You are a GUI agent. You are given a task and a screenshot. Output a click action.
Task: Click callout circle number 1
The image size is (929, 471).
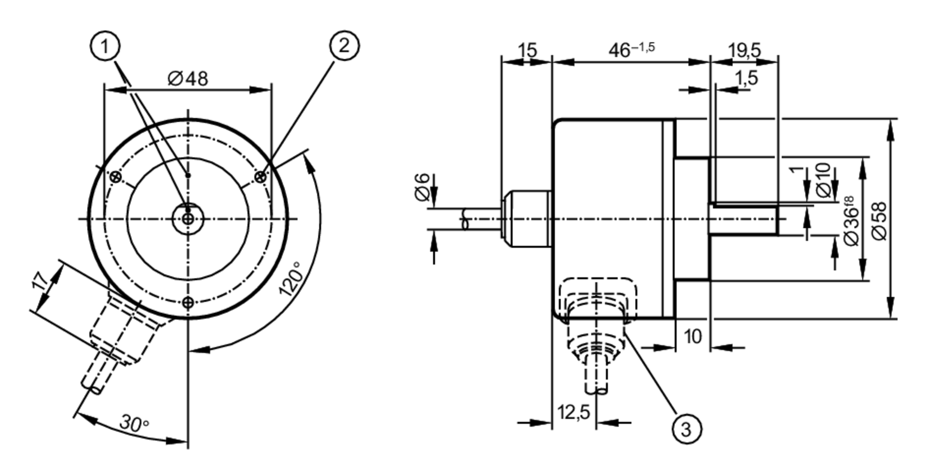105,46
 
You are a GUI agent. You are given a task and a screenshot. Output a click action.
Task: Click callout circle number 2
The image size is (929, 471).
344,46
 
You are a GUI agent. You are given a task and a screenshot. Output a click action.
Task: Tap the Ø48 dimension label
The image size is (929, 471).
188,79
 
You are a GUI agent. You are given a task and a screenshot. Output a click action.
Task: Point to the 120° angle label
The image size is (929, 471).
291,279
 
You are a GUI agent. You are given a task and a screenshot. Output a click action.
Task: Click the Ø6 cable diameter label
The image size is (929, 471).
423,187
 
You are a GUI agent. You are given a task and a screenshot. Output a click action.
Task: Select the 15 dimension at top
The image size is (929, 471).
527,50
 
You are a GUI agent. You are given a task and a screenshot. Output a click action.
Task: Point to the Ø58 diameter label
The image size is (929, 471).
879,221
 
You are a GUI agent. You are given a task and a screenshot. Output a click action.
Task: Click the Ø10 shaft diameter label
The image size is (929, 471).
823,180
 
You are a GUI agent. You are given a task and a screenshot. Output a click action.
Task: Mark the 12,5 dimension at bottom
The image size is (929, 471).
573,412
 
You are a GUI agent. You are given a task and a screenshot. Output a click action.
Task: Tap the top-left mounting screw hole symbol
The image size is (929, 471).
116,177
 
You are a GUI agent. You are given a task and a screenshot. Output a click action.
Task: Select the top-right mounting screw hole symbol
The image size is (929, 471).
261,177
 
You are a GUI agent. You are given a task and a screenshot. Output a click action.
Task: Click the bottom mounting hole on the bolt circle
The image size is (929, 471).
188,303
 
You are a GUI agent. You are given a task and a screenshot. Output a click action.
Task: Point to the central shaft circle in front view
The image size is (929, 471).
188,219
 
